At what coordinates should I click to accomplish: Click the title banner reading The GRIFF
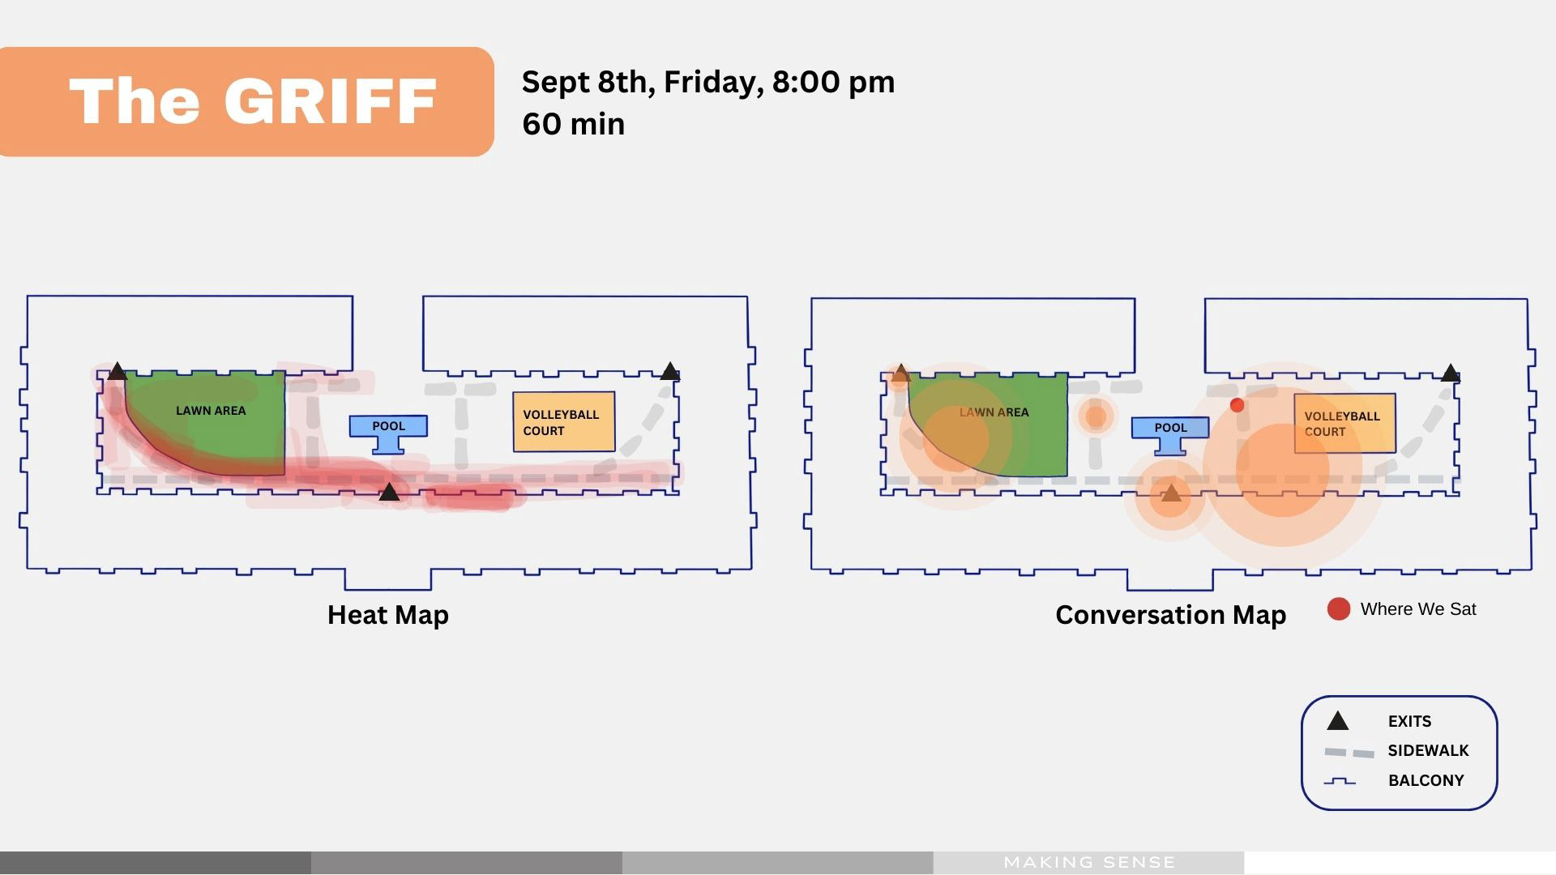pyautogui.click(x=246, y=101)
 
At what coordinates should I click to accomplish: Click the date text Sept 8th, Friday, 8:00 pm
pyautogui.click(x=707, y=82)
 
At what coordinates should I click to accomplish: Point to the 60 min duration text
pyautogui.click(x=573, y=124)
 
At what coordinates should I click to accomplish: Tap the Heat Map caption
pyautogui.click(x=387, y=615)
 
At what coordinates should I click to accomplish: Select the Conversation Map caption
pyautogui.click(x=1170, y=615)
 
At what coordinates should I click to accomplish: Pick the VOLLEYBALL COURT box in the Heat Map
pyautogui.click(x=563, y=422)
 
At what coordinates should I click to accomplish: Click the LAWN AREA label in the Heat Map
pyautogui.click(x=211, y=411)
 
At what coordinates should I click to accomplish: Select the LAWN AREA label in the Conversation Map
pyautogui.click(x=994, y=412)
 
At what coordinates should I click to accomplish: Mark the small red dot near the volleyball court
pyautogui.click(x=1237, y=405)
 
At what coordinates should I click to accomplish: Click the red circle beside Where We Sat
pyautogui.click(x=1338, y=609)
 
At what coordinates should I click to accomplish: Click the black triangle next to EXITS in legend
pyautogui.click(x=1337, y=721)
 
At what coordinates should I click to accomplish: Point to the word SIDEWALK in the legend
pyautogui.click(x=1428, y=751)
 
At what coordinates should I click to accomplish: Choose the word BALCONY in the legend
pyautogui.click(x=1426, y=781)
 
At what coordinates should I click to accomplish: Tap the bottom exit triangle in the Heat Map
pyautogui.click(x=389, y=492)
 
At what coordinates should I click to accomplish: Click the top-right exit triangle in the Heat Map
pyautogui.click(x=669, y=372)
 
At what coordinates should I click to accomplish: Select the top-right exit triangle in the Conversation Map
pyautogui.click(x=1451, y=373)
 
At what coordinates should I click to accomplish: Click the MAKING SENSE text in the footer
pyautogui.click(x=1089, y=862)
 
